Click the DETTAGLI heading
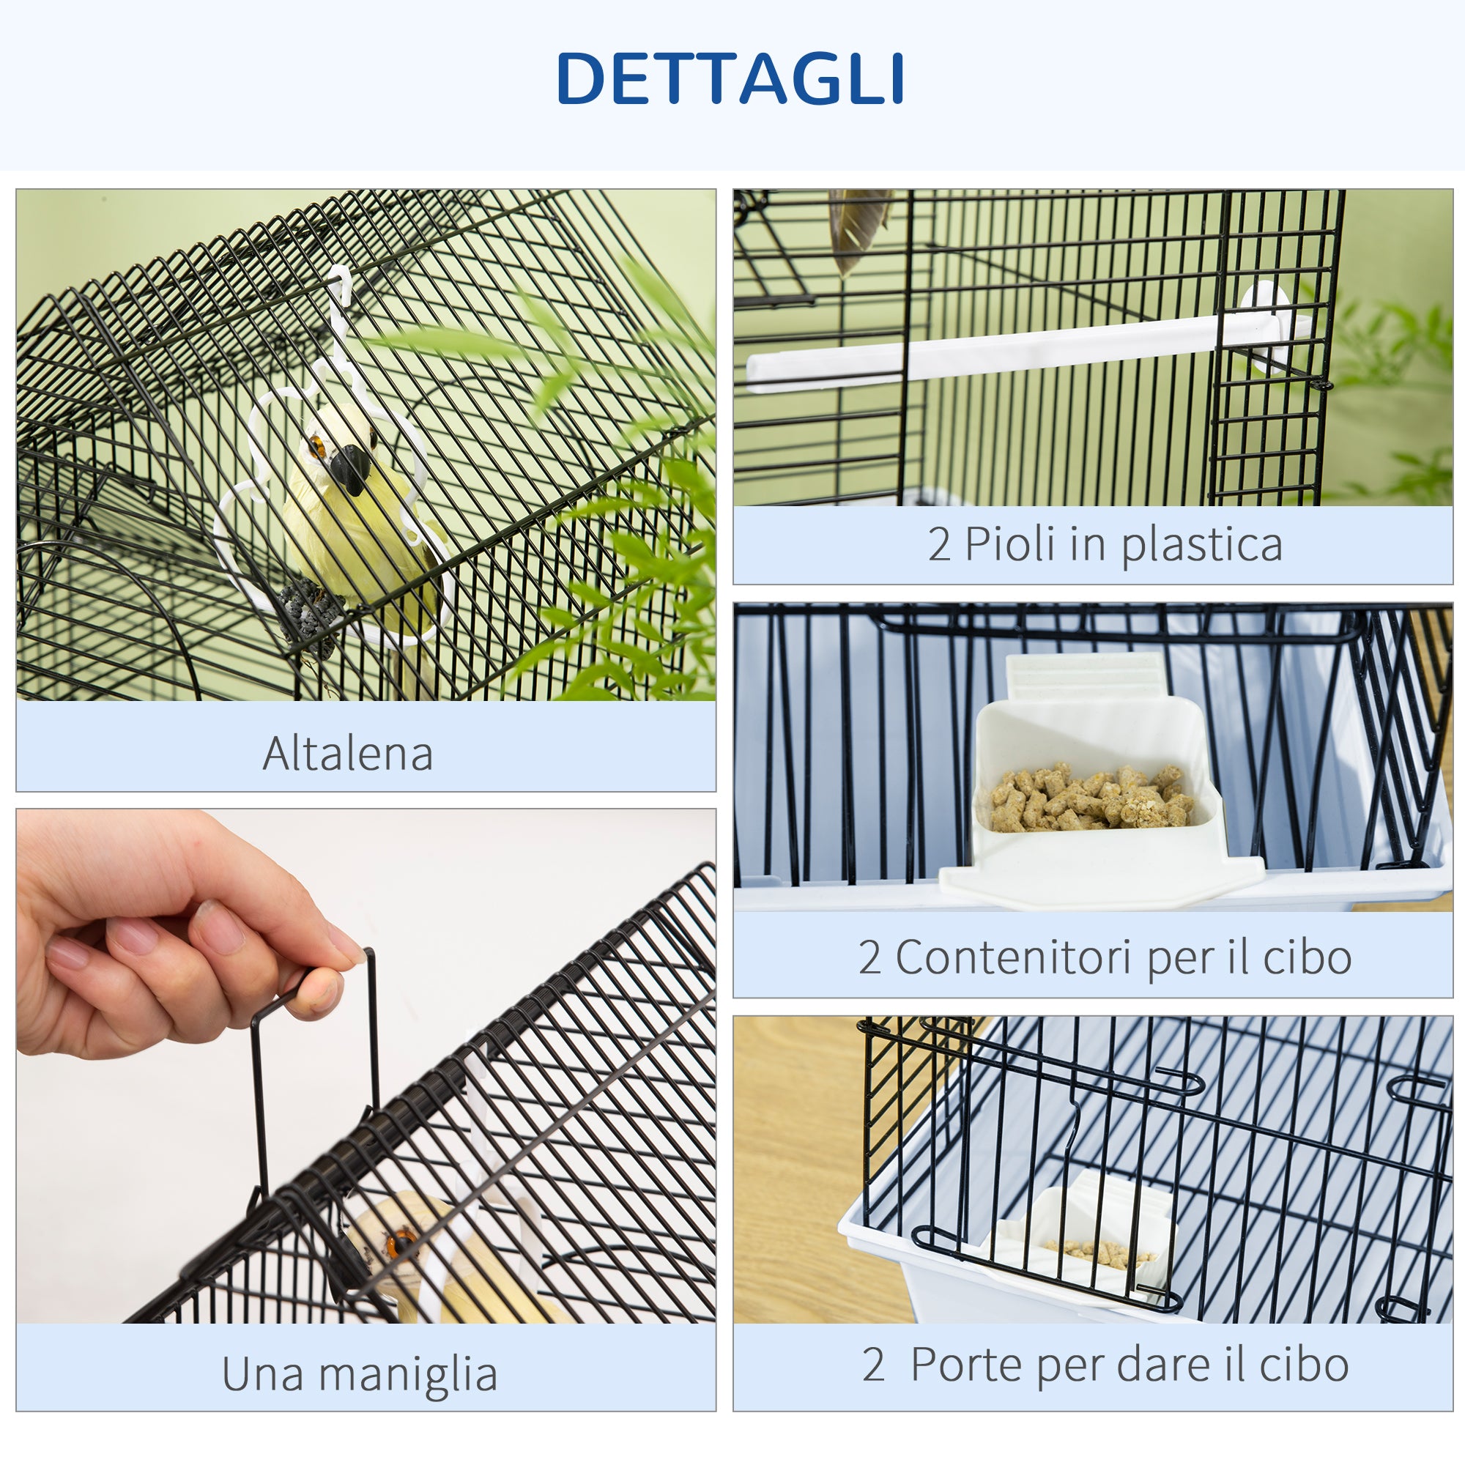[730, 79]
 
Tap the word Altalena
[347, 754]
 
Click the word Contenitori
[1015, 957]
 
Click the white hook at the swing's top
[339, 282]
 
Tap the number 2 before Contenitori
[869, 957]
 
